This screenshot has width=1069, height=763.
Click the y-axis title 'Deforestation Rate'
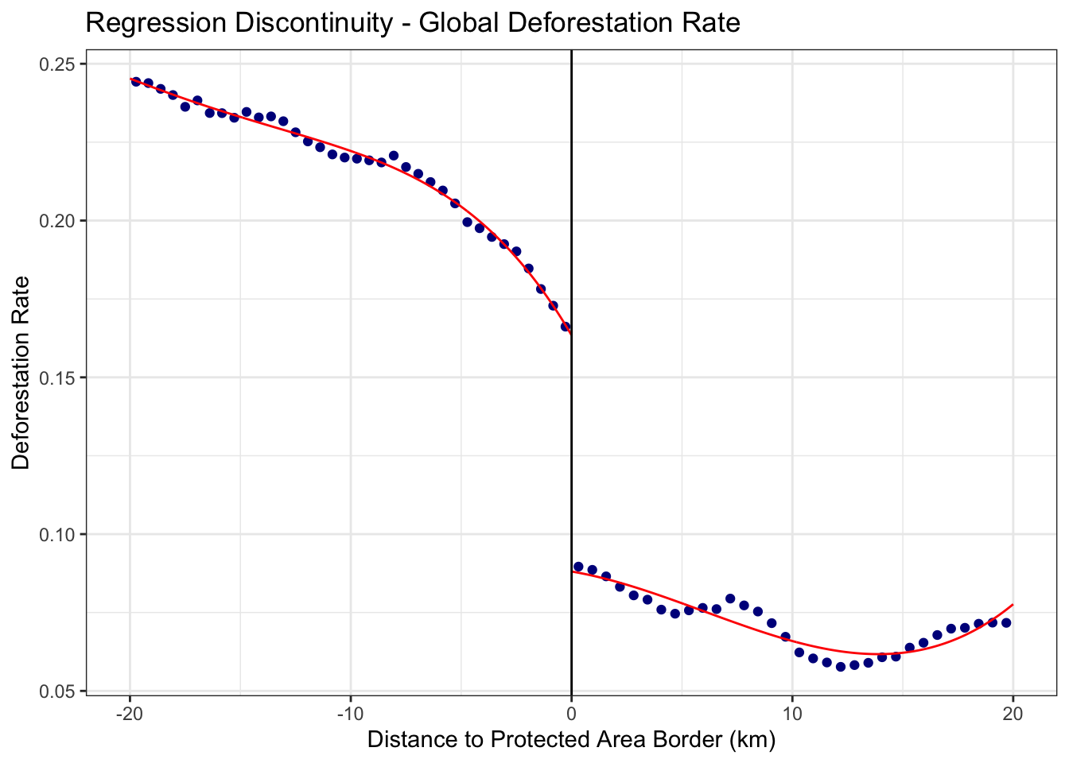21,373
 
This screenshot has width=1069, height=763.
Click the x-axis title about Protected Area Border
570,740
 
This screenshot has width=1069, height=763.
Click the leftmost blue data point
136,82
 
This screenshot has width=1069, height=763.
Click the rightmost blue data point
1006,622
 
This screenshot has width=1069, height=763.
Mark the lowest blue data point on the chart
841,666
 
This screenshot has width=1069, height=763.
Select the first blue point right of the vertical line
578,567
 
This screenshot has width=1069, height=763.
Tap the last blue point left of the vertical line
566,326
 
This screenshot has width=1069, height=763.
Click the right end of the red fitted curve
1013,605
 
